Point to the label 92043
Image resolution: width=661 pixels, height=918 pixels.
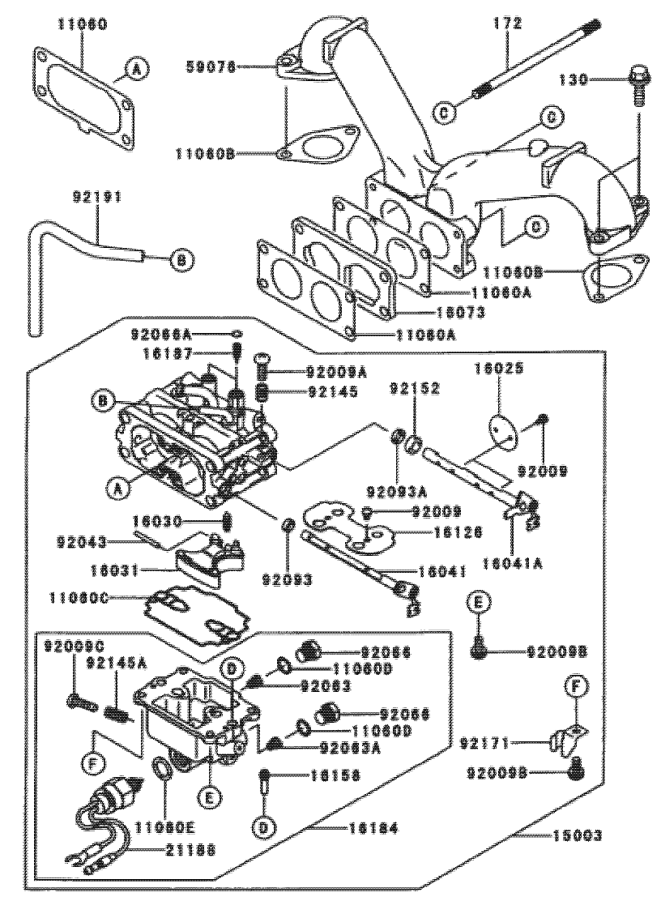pos(79,540)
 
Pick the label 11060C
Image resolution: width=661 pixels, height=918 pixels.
pos(83,600)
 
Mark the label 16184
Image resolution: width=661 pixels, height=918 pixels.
pos(371,827)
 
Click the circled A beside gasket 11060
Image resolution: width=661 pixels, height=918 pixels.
pos(136,71)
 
